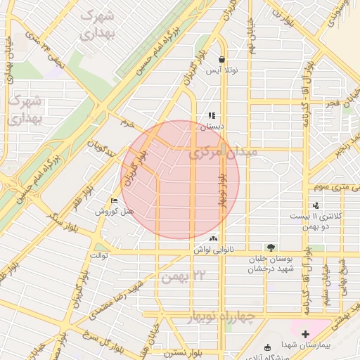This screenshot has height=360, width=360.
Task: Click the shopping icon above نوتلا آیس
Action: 222,60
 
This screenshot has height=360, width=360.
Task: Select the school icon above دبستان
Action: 211,116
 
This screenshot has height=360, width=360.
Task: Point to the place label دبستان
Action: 212,127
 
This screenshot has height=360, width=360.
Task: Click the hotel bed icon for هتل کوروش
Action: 115,200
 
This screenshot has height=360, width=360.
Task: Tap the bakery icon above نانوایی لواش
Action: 213,238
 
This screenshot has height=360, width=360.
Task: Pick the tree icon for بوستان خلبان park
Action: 271,247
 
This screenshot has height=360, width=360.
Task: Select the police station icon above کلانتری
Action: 316,205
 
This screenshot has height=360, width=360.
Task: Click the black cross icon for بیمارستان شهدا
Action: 305,334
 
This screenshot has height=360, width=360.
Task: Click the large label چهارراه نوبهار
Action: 221,318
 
